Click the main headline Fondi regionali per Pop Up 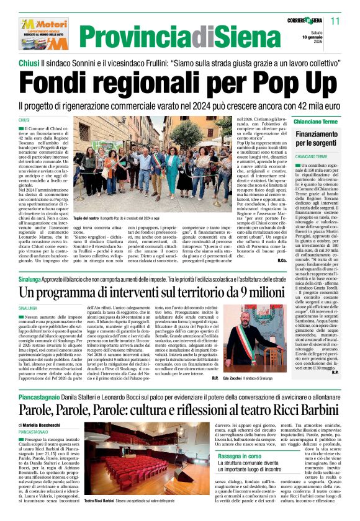179,81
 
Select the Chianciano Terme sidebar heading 315,122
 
